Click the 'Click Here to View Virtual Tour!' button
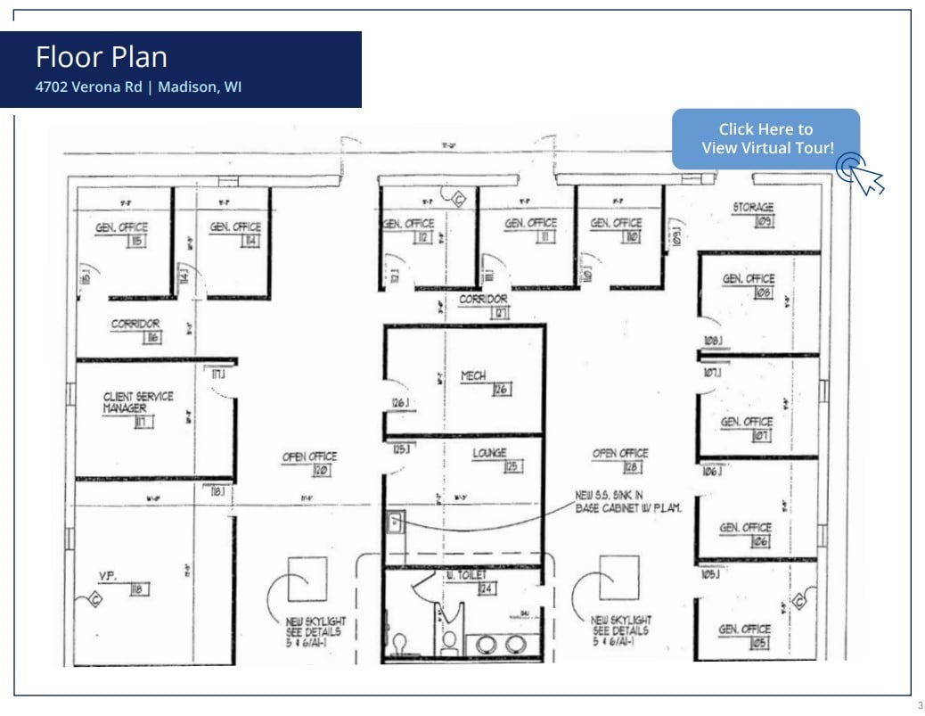pyautogui.click(x=765, y=139)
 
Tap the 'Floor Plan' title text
pyautogui.click(x=102, y=57)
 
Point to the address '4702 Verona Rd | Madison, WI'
pyautogui.click(x=138, y=87)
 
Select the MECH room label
pyautogui.click(x=473, y=376)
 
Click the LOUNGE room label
pyautogui.click(x=489, y=454)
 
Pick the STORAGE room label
pyautogui.click(x=753, y=208)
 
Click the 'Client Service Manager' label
pyautogui.click(x=138, y=402)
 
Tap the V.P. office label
pyautogui.click(x=109, y=575)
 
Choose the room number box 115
pyautogui.click(x=137, y=242)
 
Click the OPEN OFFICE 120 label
pyautogui.click(x=309, y=457)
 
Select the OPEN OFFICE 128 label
pyautogui.click(x=620, y=454)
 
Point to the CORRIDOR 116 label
pyautogui.click(x=135, y=325)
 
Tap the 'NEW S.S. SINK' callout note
pyautogui.click(x=627, y=501)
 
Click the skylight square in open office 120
pyautogui.click(x=307, y=577)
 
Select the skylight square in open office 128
pyautogui.click(x=618, y=577)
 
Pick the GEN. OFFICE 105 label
pyautogui.click(x=745, y=630)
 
